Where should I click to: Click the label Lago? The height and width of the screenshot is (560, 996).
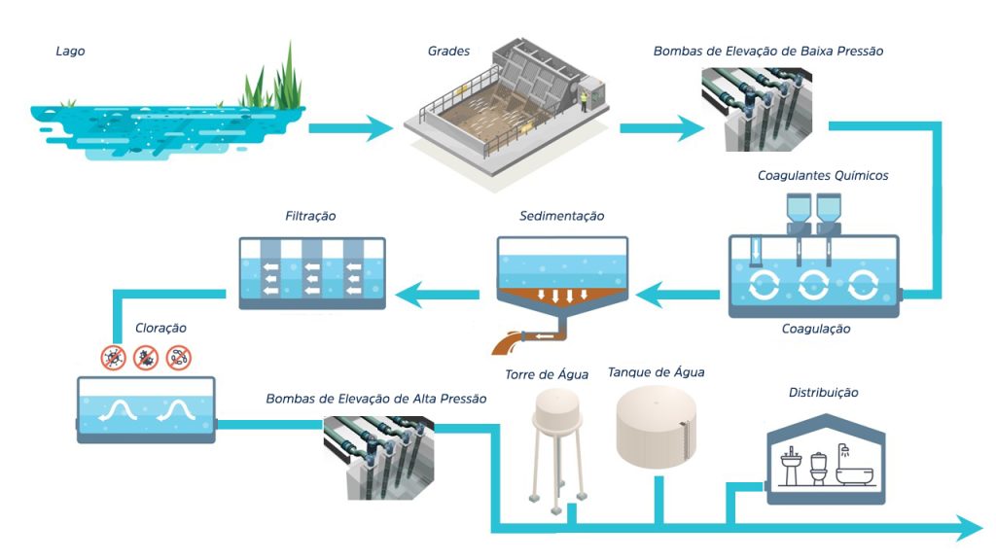click(x=70, y=52)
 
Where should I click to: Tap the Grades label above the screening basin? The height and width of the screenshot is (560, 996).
click(x=448, y=52)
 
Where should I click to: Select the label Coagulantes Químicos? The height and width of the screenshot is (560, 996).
click(x=823, y=176)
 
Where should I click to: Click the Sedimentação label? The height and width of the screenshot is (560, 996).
click(x=561, y=216)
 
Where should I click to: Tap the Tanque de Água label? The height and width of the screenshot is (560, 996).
click(x=656, y=371)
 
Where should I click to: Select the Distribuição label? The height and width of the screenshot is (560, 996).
click(x=823, y=393)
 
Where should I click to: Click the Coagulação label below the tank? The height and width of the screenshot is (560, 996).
click(x=816, y=329)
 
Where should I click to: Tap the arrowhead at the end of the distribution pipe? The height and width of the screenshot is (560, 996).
click(x=969, y=529)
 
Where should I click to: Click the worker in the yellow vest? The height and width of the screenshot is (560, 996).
click(x=584, y=101)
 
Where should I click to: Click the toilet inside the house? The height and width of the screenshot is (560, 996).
click(x=819, y=469)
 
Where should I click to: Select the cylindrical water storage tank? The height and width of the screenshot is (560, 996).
click(x=656, y=429)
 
